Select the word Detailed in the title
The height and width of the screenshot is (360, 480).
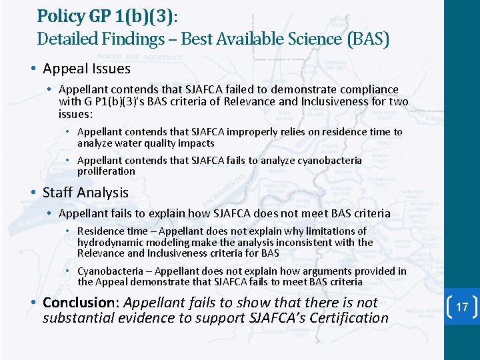[x=65, y=39]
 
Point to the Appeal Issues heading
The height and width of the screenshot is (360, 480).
[x=87, y=69]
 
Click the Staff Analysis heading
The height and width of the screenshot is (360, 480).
[x=85, y=193]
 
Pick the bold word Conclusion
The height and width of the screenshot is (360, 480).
[x=80, y=302]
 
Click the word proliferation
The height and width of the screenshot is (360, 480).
[x=106, y=171]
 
